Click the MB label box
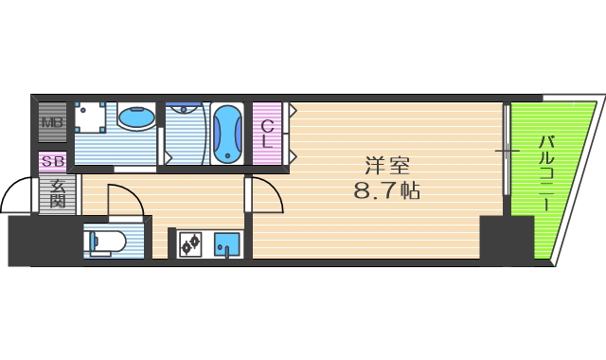51,122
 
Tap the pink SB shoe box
52,161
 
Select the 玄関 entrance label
56,193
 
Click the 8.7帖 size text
386,190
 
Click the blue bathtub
227,135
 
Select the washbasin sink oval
136,118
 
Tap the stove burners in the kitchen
189,243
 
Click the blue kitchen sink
227,244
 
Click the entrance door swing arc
16,196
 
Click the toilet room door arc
125,200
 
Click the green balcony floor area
559,189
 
